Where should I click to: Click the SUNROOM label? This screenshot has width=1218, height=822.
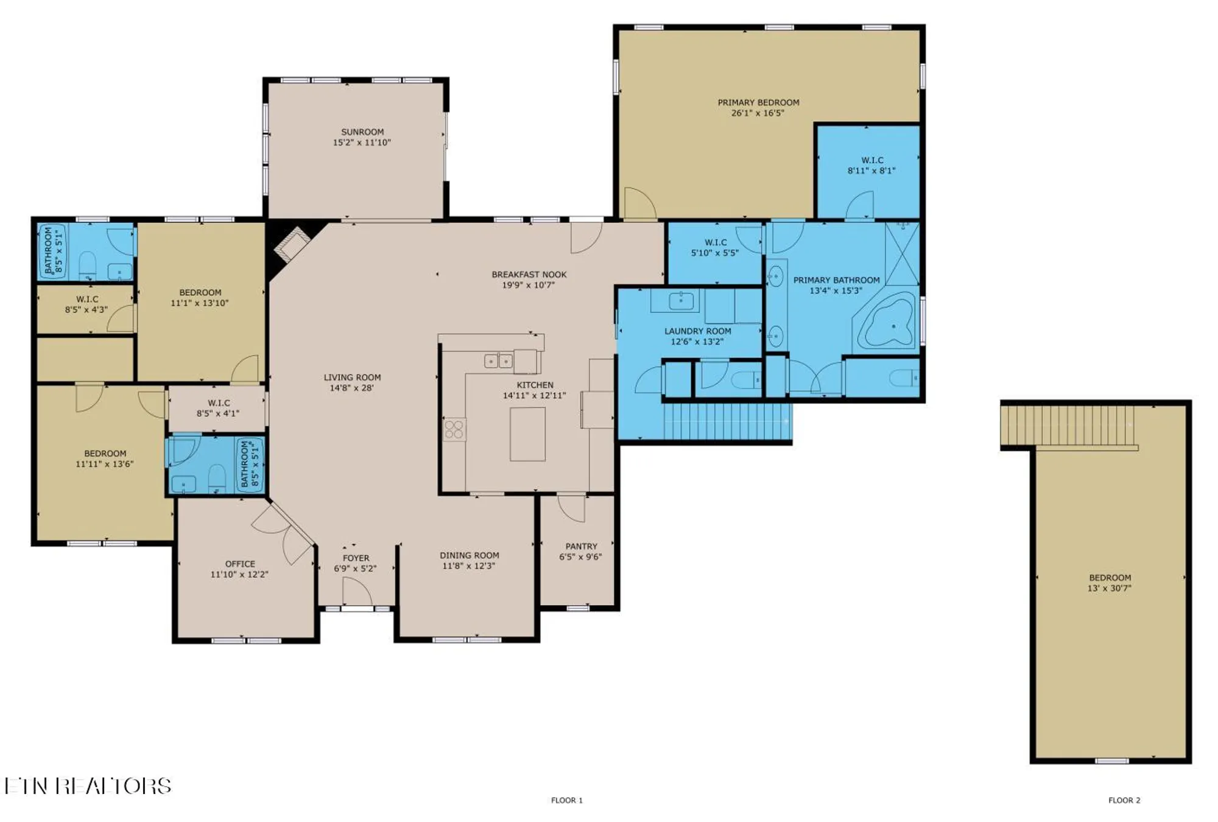[362, 132]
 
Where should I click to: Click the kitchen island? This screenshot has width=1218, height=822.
[527, 434]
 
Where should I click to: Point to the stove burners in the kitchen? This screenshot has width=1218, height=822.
[454, 429]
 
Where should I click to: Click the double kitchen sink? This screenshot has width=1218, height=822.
[498, 361]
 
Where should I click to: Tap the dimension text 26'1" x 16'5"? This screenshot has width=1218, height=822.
[758, 113]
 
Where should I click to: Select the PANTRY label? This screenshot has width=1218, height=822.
[581, 546]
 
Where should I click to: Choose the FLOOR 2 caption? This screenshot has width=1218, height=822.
[1124, 800]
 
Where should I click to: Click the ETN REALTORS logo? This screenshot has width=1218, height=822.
[88, 786]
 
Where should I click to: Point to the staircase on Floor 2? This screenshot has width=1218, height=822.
[1069, 425]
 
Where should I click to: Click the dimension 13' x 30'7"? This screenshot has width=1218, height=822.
[1109, 588]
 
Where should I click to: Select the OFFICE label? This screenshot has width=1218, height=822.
[240, 564]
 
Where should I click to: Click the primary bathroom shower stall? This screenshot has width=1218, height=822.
[901, 253]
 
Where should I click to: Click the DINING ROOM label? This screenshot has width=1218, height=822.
[469, 555]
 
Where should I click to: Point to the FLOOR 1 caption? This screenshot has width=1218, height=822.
[566, 800]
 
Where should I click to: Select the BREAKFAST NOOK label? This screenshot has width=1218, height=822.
[529, 275]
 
